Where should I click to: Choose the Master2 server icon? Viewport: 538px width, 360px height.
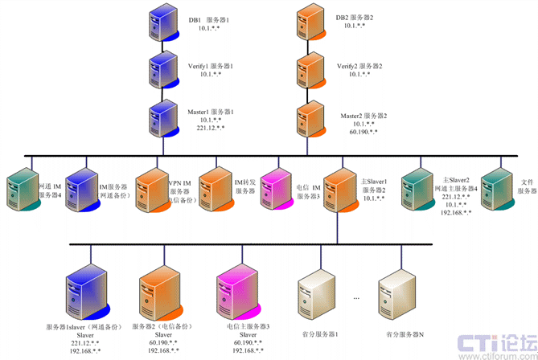click(x=310, y=117)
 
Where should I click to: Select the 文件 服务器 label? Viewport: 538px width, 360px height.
click(x=527, y=186)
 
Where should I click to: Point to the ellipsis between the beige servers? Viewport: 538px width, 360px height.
click(x=357, y=297)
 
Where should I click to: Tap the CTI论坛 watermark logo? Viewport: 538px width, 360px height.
click(x=493, y=343)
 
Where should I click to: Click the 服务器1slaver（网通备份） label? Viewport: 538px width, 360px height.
click(x=83, y=327)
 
